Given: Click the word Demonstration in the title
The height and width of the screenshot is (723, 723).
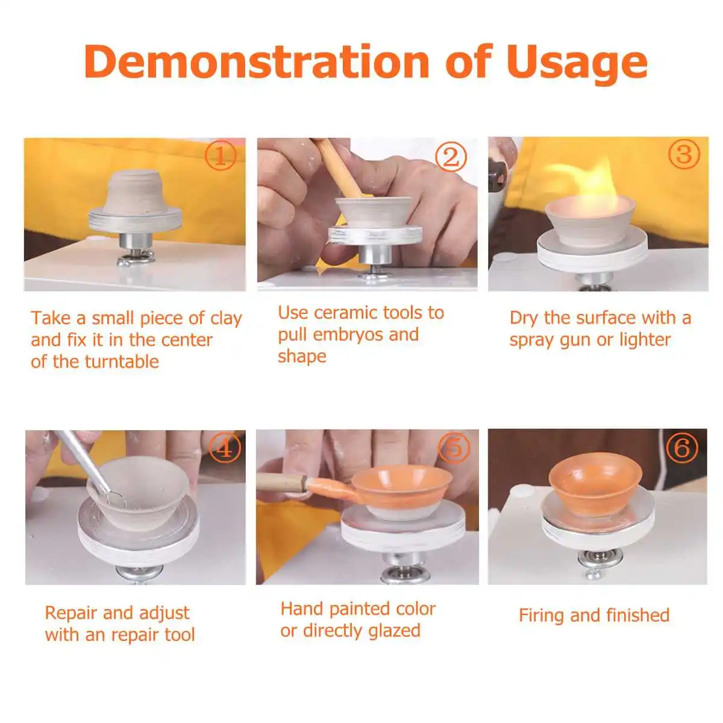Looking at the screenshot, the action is coord(257,62).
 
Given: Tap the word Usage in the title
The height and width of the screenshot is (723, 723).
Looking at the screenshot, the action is coord(577,64).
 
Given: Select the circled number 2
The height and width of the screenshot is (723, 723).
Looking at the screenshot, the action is coord(451,157).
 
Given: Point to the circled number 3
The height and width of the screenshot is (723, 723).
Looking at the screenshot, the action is coord(684,154).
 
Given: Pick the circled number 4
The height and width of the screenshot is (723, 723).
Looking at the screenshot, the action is coord(225,448).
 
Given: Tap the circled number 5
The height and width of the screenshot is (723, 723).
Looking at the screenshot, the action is coord(454,448).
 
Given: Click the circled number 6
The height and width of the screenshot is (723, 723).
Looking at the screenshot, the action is coord(681,448).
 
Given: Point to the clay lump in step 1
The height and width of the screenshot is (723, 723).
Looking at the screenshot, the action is coord(135,194).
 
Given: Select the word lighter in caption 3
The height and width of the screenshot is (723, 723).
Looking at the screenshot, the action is coord(645,340).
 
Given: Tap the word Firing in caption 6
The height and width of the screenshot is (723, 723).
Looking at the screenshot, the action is coord(541,616).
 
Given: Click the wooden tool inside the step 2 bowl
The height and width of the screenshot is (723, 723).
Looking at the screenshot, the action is coord(340,167).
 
